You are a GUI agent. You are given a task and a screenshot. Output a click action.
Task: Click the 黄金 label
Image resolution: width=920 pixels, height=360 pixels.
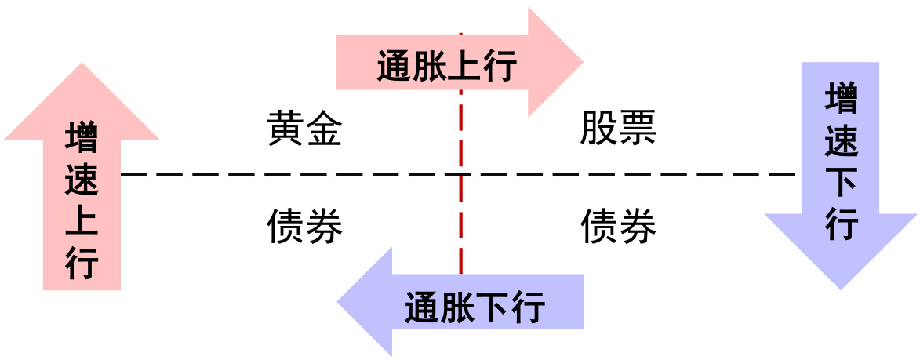click(304, 129)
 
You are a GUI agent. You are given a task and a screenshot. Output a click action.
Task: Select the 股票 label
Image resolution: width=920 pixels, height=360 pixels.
click(618, 129)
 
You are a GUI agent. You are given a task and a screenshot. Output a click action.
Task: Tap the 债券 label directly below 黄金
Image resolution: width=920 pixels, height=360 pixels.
click(304, 227)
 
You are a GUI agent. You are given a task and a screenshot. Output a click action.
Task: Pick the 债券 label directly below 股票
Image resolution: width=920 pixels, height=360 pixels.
click(618, 227)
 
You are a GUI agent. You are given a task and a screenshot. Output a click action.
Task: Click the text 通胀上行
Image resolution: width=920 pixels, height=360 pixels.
click(446, 67)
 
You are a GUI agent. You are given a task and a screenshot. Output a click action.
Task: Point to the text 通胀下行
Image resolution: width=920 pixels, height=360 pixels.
click(475, 307)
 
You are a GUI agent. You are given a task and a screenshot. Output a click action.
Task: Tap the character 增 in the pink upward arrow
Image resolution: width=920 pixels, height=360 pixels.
click(82, 139)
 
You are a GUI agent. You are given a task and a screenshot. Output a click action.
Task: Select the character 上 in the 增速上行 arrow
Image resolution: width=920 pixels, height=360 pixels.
click(82, 222)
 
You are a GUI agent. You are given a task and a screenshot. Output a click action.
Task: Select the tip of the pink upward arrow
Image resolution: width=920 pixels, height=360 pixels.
click(82, 64)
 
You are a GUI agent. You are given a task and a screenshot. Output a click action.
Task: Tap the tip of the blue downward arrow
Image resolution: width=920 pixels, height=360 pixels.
click(841, 288)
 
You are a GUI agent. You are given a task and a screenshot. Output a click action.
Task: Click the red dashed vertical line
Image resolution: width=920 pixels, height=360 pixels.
click(460, 235)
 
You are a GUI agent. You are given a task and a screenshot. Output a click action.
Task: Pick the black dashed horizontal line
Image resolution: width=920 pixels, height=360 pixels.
click(314, 174)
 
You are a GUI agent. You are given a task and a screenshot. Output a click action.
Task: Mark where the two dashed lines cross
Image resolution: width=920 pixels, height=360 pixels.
click(460, 174)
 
